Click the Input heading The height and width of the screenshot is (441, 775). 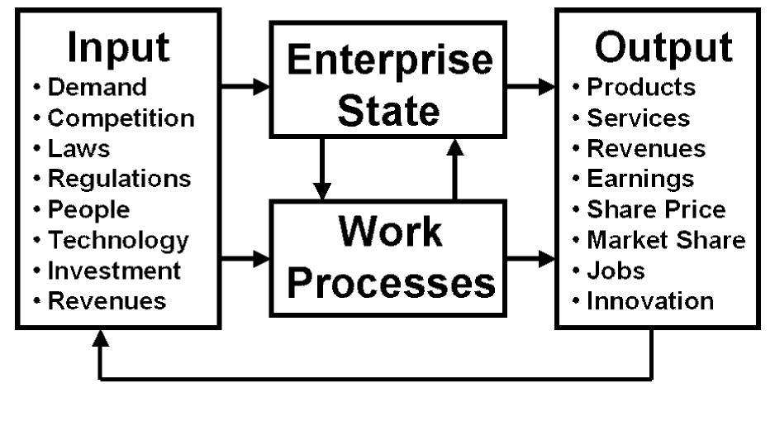point(118,47)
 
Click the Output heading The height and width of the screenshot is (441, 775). point(663,47)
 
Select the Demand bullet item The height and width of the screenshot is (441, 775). point(97,87)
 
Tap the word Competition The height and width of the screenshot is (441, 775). point(121,117)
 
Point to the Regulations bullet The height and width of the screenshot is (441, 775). point(119,178)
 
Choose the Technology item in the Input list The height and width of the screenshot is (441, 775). point(118,240)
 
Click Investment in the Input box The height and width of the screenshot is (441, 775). point(114,271)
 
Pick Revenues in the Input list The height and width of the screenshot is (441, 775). point(107,301)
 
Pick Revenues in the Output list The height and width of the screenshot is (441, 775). point(646,148)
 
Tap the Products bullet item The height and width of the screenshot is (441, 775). point(641,87)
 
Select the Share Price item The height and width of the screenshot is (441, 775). point(656,209)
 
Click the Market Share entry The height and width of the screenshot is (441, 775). point(666,240)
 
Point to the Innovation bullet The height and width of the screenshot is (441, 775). point(649,301)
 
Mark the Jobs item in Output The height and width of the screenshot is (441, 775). point(616,271)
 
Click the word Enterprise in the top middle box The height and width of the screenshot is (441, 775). point(389,60)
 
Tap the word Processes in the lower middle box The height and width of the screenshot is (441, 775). point(391,282)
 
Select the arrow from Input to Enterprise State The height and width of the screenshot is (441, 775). point(246,85)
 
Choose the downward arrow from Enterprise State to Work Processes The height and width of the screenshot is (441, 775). point(323,169)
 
